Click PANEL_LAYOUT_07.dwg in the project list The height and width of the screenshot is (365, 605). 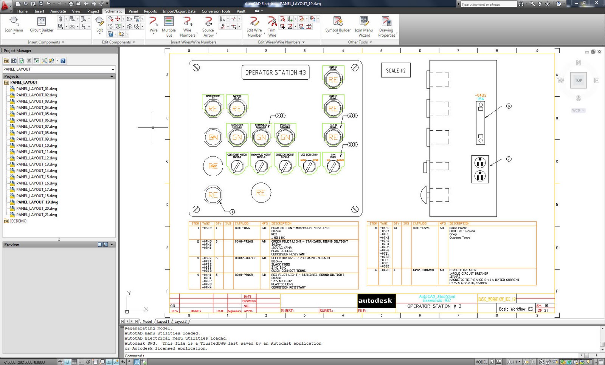[36, 127]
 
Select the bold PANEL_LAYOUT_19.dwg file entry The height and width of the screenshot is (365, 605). [37, 202]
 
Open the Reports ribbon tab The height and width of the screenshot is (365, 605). [150, 11]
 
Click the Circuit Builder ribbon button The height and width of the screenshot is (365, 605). [42, 25]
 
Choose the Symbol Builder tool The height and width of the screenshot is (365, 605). [338, 25]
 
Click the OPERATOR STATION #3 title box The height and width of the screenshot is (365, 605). [275, 73]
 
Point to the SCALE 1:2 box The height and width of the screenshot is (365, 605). [396, 71]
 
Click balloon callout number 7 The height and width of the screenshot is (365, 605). [509, 159]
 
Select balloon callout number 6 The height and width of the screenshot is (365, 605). [509, 106]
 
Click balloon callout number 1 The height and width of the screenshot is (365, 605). [232, 212]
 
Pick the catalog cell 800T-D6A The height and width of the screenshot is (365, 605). [242, 228]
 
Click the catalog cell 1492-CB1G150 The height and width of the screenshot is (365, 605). [423, 270]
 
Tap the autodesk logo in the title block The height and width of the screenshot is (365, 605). [375, 301]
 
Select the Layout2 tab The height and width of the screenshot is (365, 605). [180, 322]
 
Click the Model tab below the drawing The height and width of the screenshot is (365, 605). [147, 322]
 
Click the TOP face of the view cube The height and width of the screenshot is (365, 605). [578, 80]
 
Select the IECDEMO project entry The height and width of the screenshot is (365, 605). [18, 221]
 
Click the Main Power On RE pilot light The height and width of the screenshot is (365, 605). [213, 108]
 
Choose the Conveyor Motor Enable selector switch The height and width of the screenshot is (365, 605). [237, 166]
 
